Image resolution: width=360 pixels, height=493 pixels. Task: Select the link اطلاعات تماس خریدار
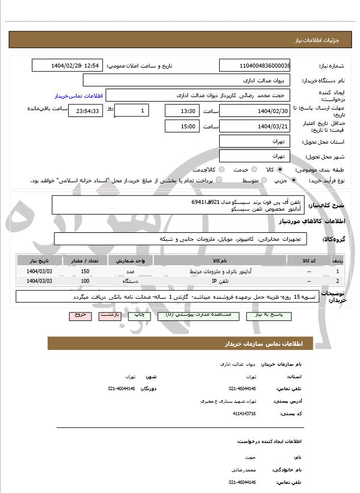[x=77, y=95]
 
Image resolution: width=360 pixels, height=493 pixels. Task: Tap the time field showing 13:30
[x=183, y=111]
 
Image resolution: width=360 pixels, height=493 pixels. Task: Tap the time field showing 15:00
[x=183, y=126]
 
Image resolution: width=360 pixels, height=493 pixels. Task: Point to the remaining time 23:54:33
[x=85, y=111]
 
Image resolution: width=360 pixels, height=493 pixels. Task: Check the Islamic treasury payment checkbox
[x=219, y=180]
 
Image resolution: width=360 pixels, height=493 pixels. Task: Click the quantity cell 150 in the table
[x=85, y=272]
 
